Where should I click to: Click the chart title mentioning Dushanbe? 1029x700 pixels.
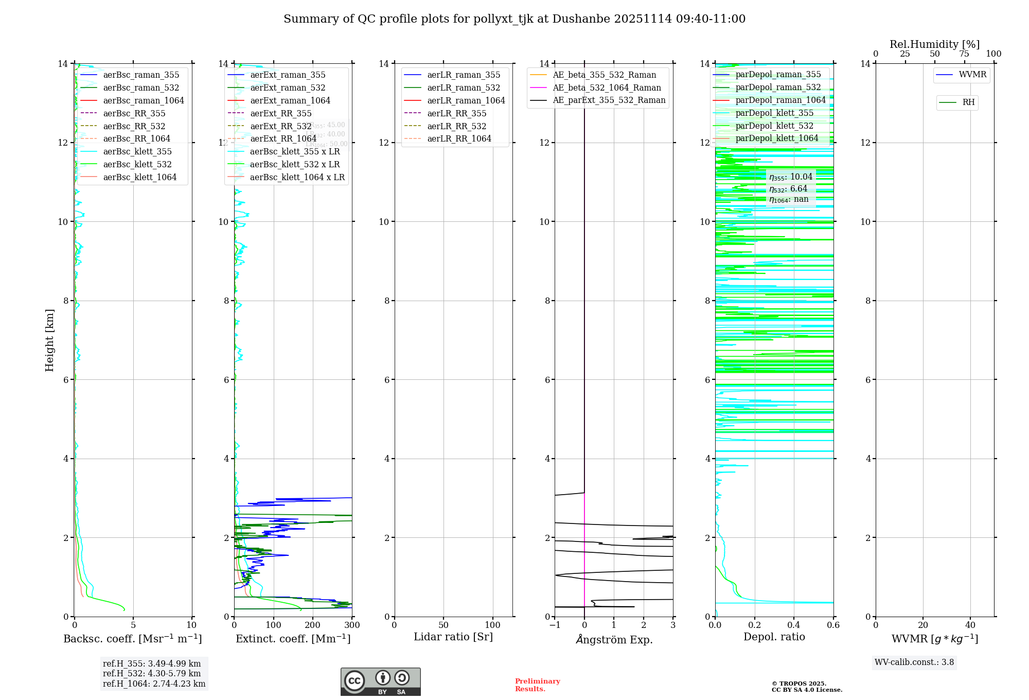pos(514,19)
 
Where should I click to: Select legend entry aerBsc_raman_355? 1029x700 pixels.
pos(141,75)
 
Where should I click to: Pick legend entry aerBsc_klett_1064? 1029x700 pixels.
pos(139,177)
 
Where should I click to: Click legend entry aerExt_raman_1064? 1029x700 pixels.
pos(290,100)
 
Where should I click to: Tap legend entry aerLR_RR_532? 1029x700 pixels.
pos(456,126)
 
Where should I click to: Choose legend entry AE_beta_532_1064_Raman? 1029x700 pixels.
pos(607,87)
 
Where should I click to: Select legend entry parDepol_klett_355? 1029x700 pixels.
pos(774,113)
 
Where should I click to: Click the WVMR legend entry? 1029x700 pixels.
pos(972,75)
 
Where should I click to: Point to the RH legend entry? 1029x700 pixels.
pos(968,102)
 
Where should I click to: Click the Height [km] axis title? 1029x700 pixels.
pos(49,340)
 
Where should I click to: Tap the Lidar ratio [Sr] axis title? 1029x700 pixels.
pos(453,637)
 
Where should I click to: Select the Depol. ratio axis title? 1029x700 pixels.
pos(774,637)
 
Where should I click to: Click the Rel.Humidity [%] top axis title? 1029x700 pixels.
pos(934,44)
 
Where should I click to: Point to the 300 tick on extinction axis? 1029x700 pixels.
pos(352,625)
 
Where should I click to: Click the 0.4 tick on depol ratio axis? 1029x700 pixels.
pos(794,625)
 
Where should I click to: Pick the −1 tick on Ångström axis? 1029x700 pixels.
pos(555,625)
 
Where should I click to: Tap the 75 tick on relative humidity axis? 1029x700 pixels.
pos(964,54)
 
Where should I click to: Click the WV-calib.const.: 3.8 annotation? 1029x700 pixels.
pos(914,662)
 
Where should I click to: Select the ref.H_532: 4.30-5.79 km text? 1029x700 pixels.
pos(152,673)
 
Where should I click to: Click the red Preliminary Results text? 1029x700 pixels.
pos(537,685)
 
